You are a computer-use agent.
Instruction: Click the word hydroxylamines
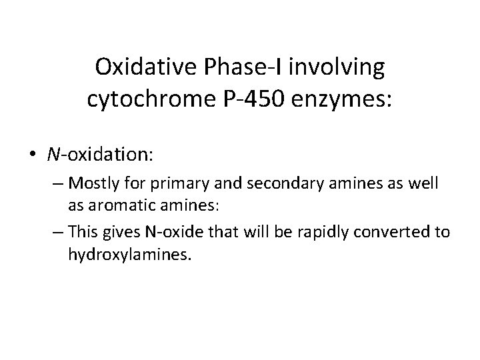tap(129, 254)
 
